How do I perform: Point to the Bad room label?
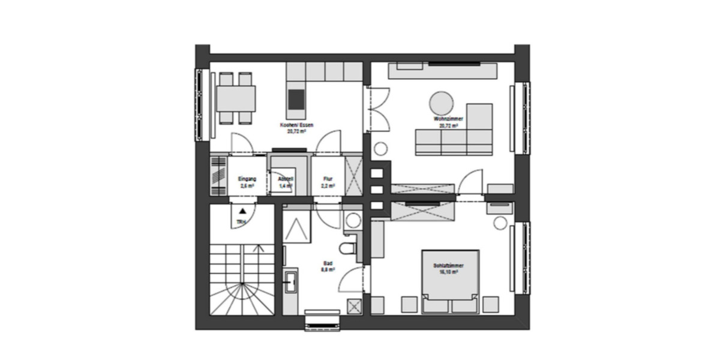[328, 266]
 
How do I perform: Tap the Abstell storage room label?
[285, 182]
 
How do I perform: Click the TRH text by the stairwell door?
[241, 223]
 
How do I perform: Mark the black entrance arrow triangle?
[241, 211]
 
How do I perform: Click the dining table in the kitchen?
[236, 98]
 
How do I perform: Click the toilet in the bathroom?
[347, 248]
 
